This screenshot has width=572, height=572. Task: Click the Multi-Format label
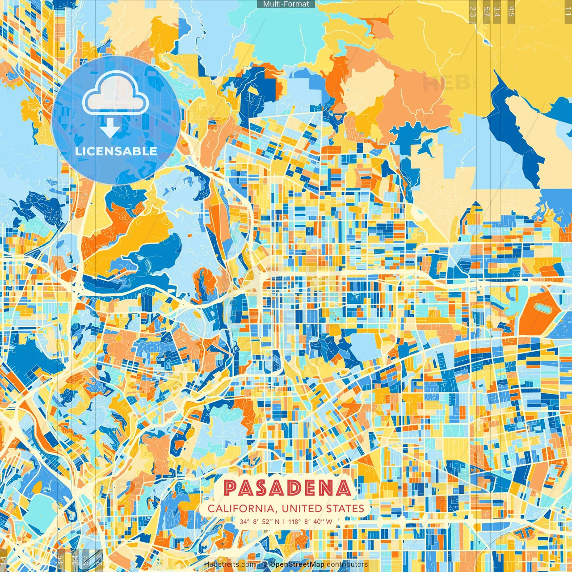pyautogui.click(x=286, y=4)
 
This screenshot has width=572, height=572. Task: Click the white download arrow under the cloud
pyautogui.click(x=110, y=130)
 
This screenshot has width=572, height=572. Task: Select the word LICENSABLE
pyautogui.click(x=116, y=151)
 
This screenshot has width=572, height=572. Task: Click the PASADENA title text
pyautogui.click(x=287, y=488)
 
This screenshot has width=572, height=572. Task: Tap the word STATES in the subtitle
pyautogui.click(x=345, y=509)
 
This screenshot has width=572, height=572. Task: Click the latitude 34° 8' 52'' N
pyautogui.click(x=260, y=521)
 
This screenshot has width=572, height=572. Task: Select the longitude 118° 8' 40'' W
pyautogui.click(x=310, y=521)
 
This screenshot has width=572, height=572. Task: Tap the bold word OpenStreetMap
pyautogui.click(x=297, y=564)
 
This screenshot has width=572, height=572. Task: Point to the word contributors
pyautogui.click(x=347, y=564)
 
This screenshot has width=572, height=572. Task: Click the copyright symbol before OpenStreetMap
pyautogui.click(x=265, y=564)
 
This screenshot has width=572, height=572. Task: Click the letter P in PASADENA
pyautogui.click(x=231, y=488)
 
